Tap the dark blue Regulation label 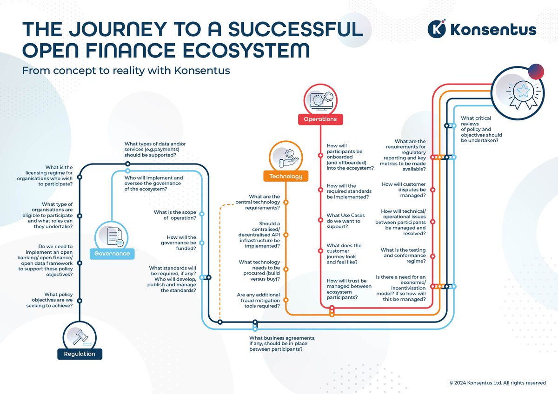pyautogui.click(x=79, y=354)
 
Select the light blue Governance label pyautogui.click(x=112, y=253)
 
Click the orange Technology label pyautogui.click(x=286, y=176)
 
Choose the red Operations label pyautogui.click(x=320, y=119)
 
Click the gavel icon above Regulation pyautogui.click(x=79, y=335)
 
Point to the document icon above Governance pyautogui.click(x=113, y=236)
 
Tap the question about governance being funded pyautogui.click(x=176, y=243)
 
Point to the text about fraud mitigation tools pyautogui.click(x=258, y=300)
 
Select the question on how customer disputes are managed pyautogui.click(x=403, y=190)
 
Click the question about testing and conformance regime pyautogui.click(x=403, y=256)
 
